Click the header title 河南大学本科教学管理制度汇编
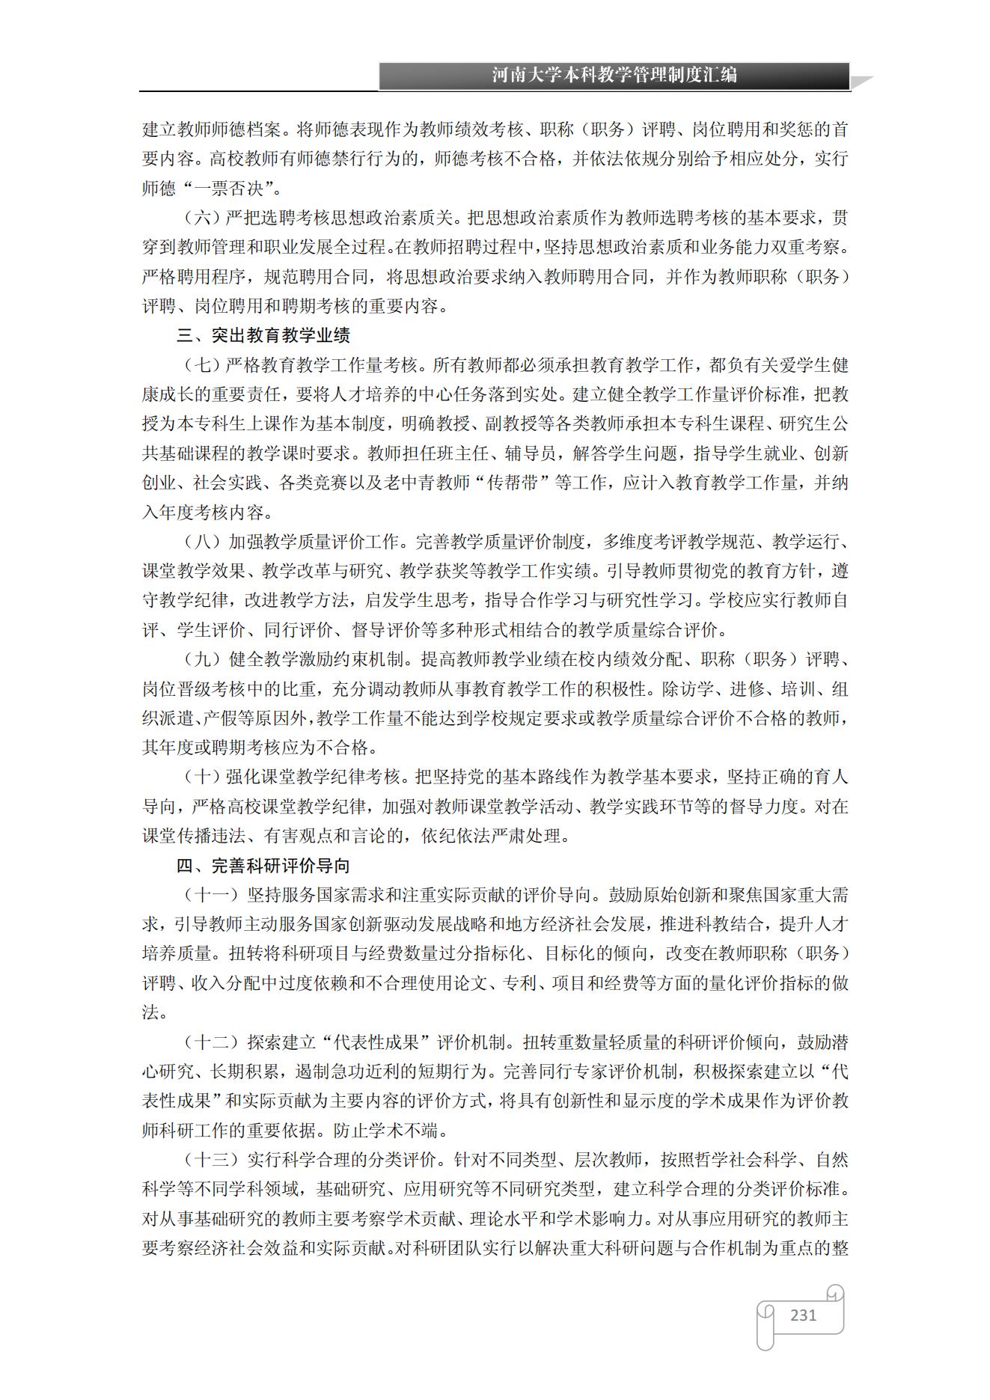(x=614, y=76)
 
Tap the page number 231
(x=803, y=1315)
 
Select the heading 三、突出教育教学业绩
(x=263, y=335)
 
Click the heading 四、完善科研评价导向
(x=263, y=866)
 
